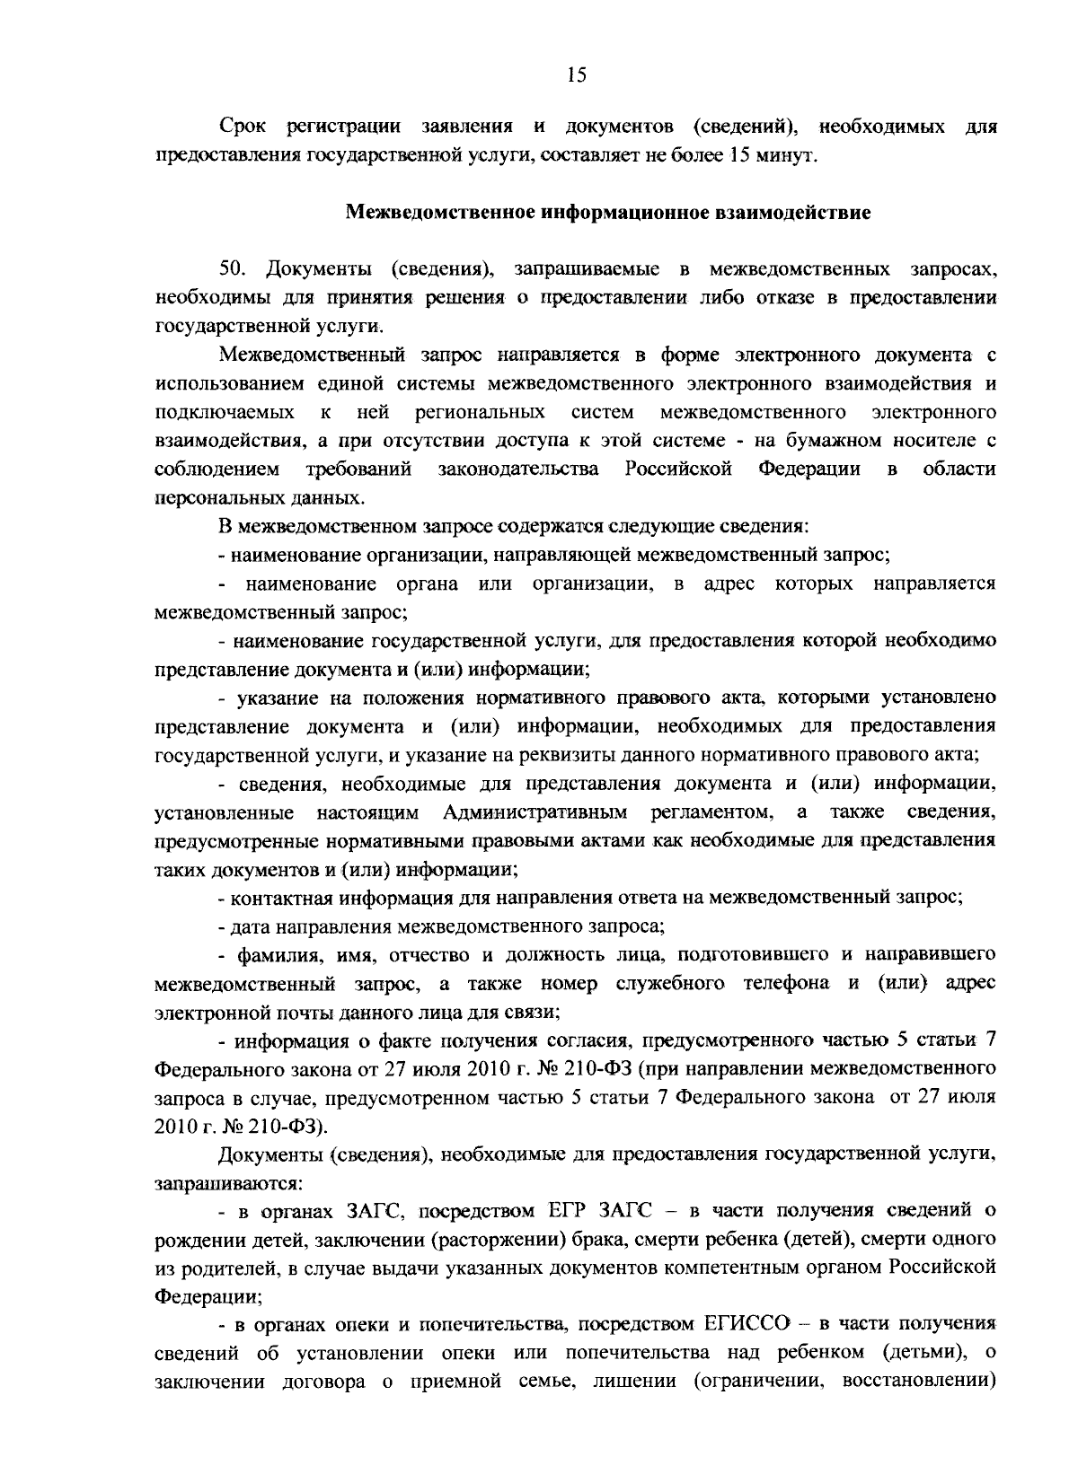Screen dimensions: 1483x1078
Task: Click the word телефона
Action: tap(786, 983)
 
